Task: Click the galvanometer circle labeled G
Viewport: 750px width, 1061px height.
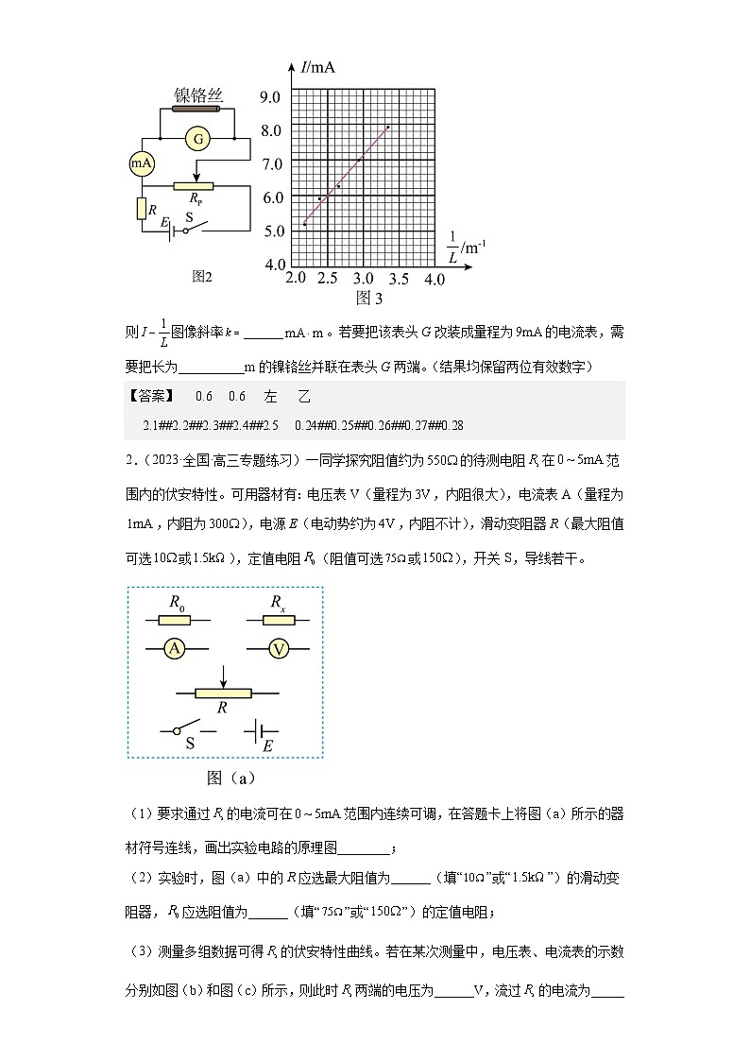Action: click(x=198, y=139)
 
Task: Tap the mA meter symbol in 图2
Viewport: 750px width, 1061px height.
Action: click(x=141, y=163)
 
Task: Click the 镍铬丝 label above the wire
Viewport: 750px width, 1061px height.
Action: click(x=198, y=95)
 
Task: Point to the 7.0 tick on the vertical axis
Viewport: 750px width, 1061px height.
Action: click(x=272, y=163)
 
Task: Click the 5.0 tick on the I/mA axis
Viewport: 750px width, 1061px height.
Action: click(x=272, y=230)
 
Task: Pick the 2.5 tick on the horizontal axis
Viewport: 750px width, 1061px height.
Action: click(x=329, y=280)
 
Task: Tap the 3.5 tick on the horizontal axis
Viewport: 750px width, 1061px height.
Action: click(x=398, y=280)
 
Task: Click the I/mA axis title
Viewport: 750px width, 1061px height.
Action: click(x=318, y=68)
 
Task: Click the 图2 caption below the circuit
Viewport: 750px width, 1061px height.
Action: click(x=202, y=277)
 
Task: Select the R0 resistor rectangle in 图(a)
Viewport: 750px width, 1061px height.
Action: click(x=175, y=619)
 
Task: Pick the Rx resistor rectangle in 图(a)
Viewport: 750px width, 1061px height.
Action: click(x=278, y=619)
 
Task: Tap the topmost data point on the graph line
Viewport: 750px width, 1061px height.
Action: click(x=387, y=127)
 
